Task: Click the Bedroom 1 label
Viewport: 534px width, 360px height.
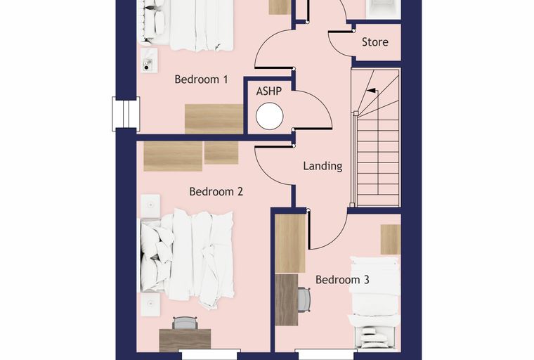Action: (x=201, y=79)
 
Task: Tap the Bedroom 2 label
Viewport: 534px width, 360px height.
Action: (x=216, y=191)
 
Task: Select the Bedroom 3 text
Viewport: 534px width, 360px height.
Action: (x=342, y=280)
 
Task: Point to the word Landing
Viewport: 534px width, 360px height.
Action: (x=323, y=166)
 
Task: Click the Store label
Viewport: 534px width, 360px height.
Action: (x=375, y=42)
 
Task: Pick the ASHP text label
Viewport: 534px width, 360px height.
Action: (x=269, y=91)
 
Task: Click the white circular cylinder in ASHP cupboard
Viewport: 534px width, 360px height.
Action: (x=269, y=117)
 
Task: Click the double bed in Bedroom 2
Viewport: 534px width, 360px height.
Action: (x=188, y=259)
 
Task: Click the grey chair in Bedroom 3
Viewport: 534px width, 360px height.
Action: (x=304, y=299)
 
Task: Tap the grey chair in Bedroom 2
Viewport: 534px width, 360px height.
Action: (x=185, y=323)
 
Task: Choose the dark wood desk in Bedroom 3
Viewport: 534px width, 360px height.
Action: (x=287, y=300)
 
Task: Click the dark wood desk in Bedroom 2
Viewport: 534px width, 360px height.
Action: (x=185, y=340)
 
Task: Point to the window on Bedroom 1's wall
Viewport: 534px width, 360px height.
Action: (x=126, y=114)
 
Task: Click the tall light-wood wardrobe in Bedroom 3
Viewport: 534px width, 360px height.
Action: (x=290, y=243)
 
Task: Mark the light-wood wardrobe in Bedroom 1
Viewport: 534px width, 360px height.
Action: (x=214, y=119)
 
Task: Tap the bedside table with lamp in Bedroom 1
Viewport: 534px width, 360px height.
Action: (x=149, y=60)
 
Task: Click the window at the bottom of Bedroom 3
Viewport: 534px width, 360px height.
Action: (x=326, y=354)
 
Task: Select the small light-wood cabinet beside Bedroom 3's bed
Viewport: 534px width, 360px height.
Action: (x=390, y=239)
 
